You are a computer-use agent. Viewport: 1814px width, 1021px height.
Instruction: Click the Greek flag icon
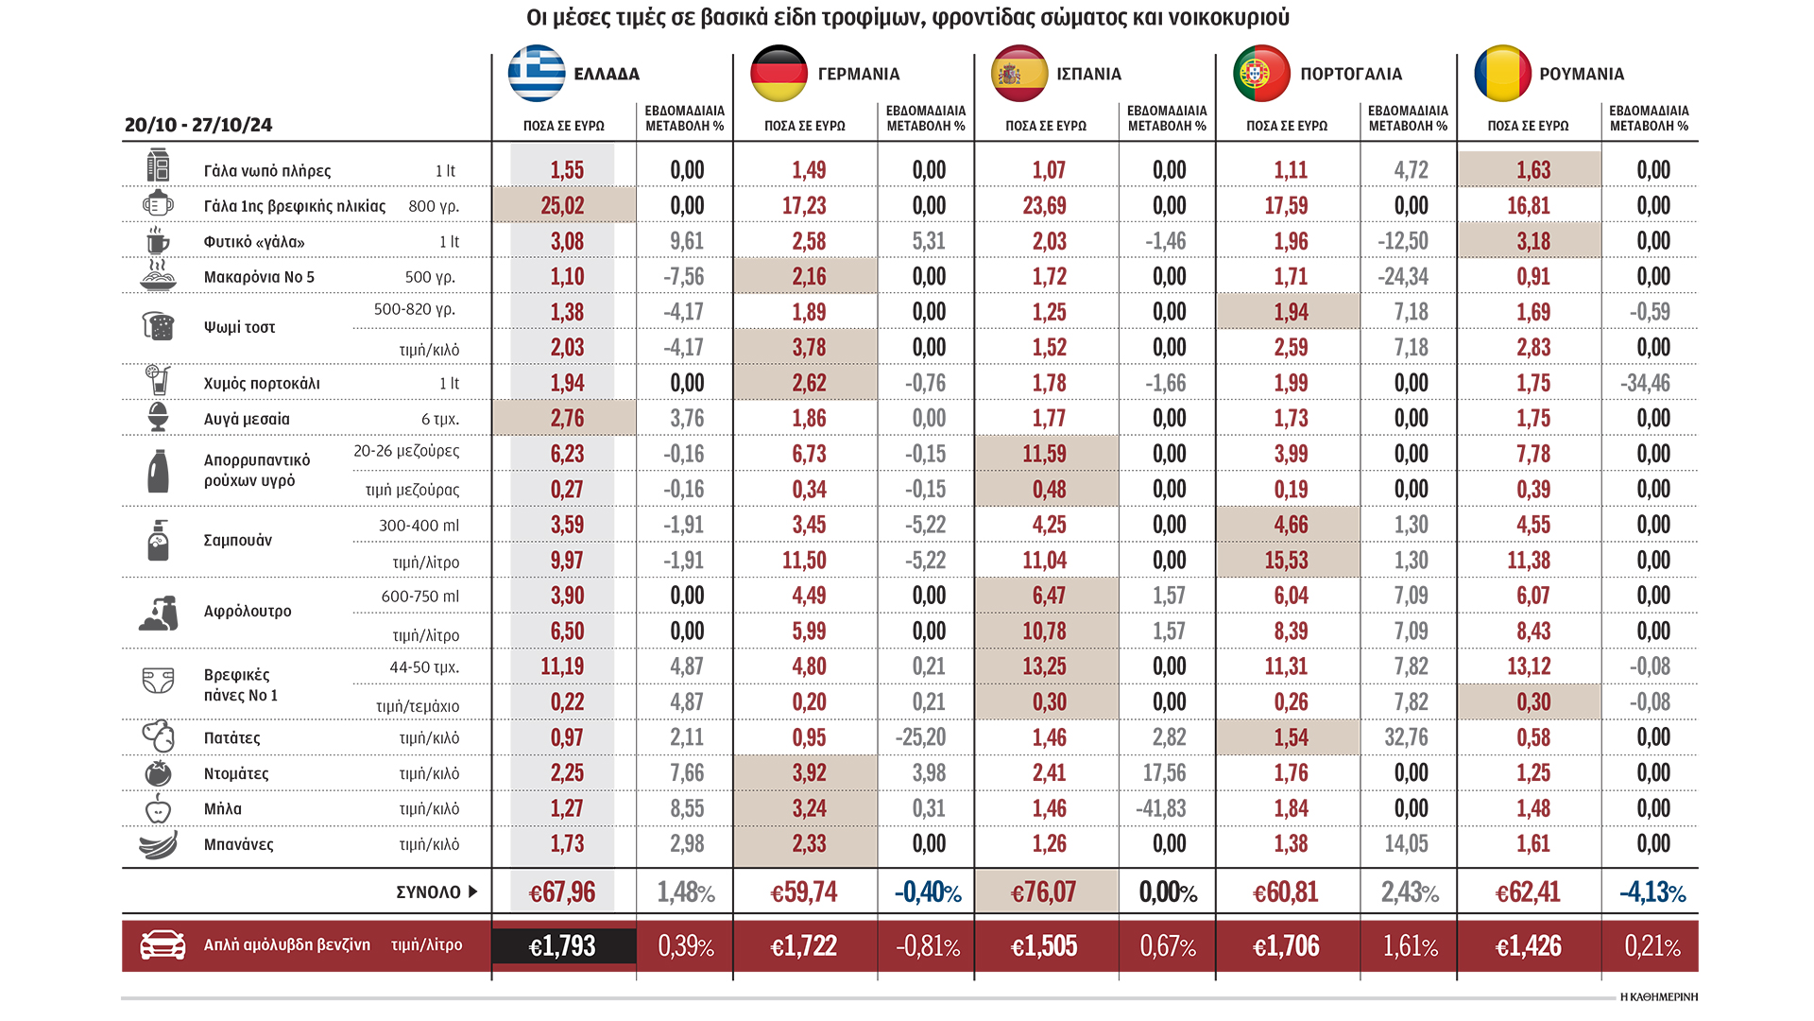click(x=537, y=74)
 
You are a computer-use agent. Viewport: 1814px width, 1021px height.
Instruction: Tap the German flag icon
click(x=779, y=74)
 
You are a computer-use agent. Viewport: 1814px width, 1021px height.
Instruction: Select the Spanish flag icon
click(x=1019, y=74)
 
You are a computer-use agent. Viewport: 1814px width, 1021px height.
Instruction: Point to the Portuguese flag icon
click(x=1261, y=74)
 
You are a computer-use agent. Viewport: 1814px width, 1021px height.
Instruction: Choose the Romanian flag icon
click(x=1502, y=74)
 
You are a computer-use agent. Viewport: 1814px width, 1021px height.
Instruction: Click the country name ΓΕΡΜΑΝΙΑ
click(x=858, y=75)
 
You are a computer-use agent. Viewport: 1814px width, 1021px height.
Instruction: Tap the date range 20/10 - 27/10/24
click(x=198, y=125)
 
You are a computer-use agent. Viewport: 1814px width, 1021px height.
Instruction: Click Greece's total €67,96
click(x=562, y=892)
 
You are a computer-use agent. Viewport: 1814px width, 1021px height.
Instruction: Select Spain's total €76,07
click(x=1044, y=892)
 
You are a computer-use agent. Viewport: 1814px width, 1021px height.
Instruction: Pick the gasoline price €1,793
click(x=562, y=946)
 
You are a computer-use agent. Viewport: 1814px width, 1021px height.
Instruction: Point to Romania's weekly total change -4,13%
click(x=1652, y=892)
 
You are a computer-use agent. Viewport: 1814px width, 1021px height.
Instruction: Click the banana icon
click(x=158, y=844)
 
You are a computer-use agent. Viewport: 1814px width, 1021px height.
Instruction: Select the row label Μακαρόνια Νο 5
click(x=259, y=277)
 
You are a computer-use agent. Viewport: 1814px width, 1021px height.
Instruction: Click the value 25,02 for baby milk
click(x=562, y=206)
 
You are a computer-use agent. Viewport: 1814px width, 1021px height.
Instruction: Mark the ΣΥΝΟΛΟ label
click(x=428, y=892)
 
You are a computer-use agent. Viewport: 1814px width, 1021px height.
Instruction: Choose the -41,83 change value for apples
click(x=1165, y=809)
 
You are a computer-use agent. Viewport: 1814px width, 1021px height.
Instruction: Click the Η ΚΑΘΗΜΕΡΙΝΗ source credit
click(x=1658, y=996)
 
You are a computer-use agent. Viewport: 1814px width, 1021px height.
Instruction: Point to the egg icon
click(x=158, y=417)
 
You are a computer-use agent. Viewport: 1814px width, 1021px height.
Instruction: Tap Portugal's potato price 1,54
click(x=1290, y=738)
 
